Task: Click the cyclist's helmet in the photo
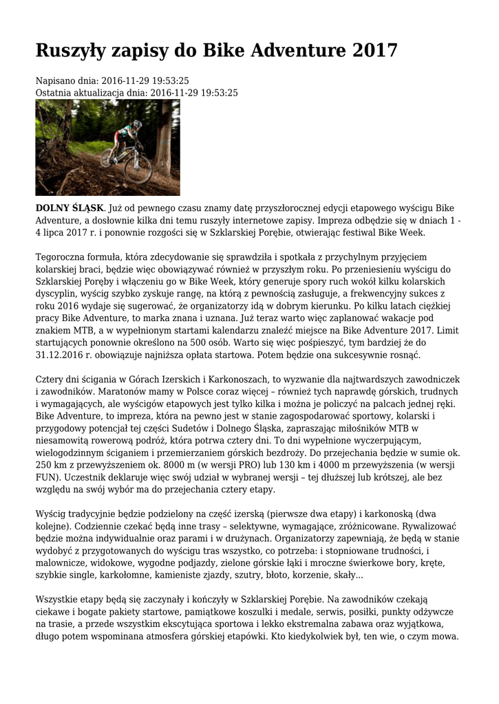136,124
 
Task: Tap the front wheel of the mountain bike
139,168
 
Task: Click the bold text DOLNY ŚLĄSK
69,208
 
